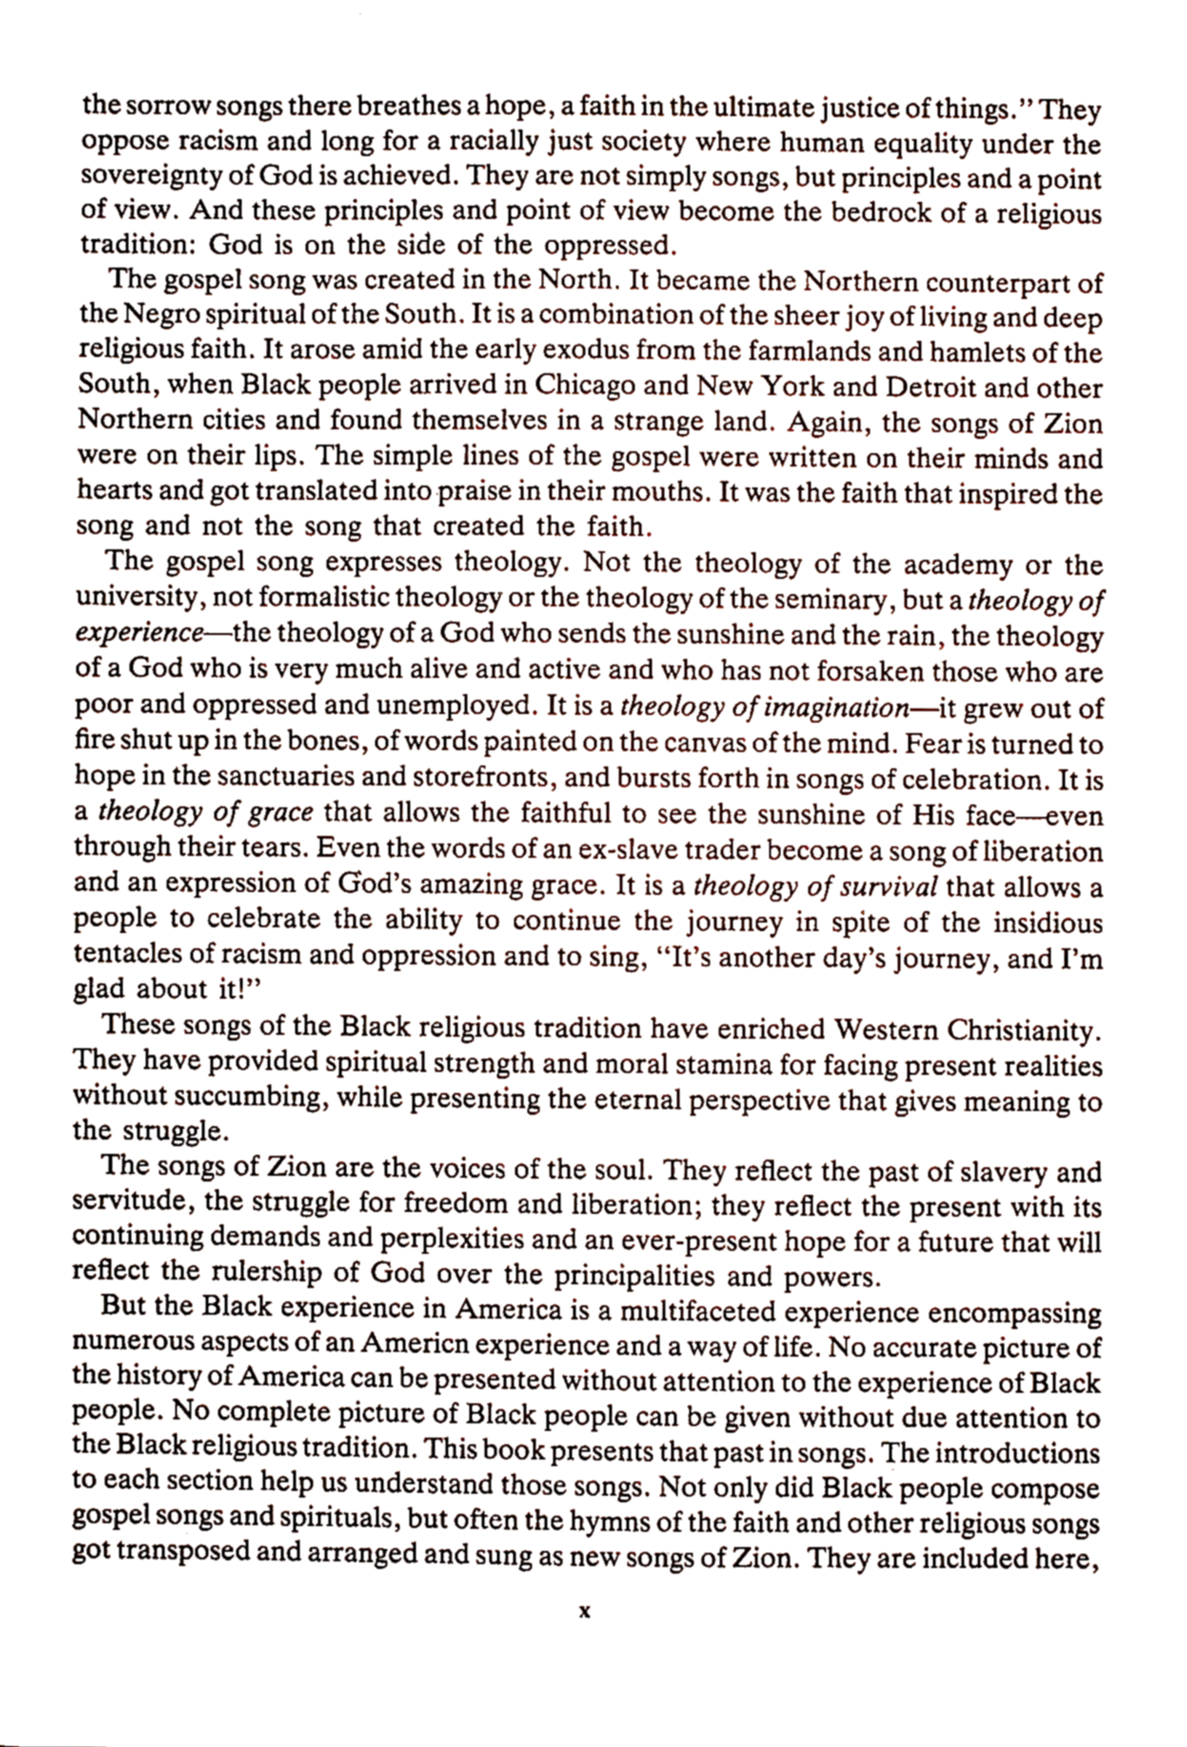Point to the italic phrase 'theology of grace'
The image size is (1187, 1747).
[x=206, y=813]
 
